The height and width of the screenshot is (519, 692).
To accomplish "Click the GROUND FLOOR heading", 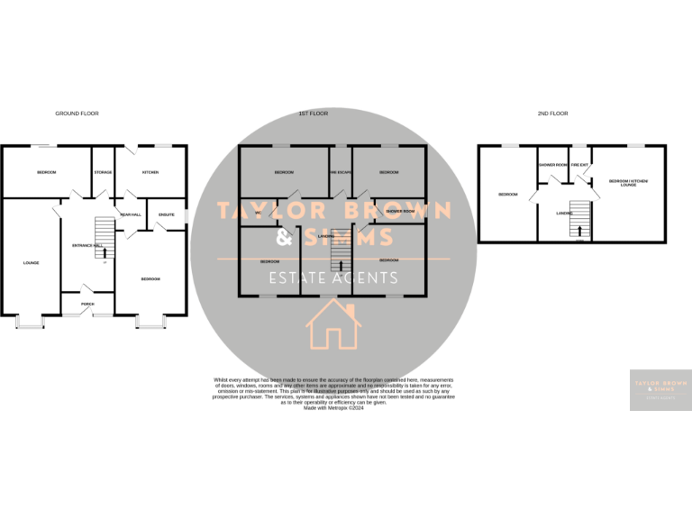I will coord(77,114).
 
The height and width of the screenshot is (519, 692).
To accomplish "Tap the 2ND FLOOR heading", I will coord(553,114).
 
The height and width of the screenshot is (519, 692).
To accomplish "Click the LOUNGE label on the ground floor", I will coord(32,263).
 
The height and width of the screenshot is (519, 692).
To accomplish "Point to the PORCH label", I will coord(87,305).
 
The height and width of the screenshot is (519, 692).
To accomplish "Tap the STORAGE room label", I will coord(104,171).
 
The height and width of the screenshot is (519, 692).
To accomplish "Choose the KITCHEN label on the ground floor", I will coord(150,171).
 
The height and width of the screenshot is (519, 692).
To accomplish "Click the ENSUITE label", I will coord(166,214).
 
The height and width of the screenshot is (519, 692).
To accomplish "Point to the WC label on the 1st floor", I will coord(258,213).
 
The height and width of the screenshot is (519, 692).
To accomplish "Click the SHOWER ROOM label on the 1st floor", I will coord(399,212).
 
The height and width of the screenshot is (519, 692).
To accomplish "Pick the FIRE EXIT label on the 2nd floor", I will coord(579,165).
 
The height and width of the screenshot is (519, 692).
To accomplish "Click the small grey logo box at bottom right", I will coord(660,390).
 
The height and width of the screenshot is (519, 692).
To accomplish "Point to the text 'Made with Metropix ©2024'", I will coord(333,407).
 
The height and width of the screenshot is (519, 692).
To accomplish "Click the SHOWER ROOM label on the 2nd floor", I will coord(552,165).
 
